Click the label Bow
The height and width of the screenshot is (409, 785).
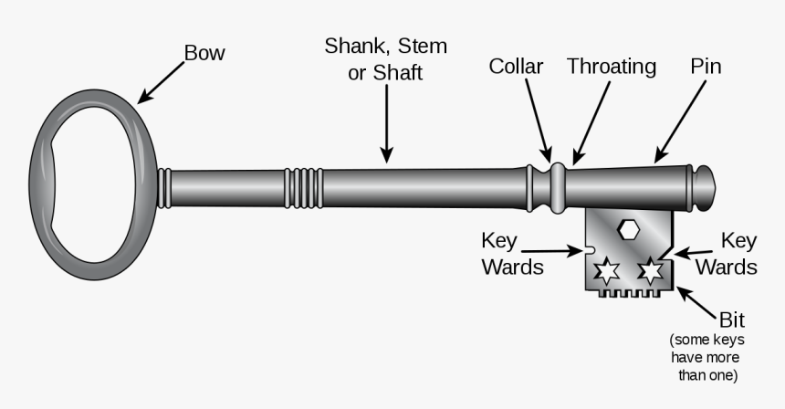pyautogui.click(x=204, y=53)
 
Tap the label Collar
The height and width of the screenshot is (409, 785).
pyautogui.click(x=516, y=66)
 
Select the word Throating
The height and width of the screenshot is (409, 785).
pyautogui.click(x=611, y=66)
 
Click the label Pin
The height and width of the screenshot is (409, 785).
pyautogui.click(x=705, y=66)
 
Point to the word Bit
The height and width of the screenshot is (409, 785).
pyautogui.click(x=731, y=320)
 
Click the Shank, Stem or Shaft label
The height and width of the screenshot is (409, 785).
pyautogui.click(x=385, y=58)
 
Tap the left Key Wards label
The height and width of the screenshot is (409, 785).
pyautogui.click(x=512, y=254)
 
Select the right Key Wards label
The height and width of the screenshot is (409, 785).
pyautogui.click(x=727, y=254)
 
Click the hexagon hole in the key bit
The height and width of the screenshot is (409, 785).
pyautogui.click(x=628, y=229)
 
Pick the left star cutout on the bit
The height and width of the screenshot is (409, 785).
pyautogui.click(x=607, y=270)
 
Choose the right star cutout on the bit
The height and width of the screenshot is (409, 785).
pyautogui.click(x=650, y=270)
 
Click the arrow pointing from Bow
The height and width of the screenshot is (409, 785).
pyautogui.click(x=162, y=81)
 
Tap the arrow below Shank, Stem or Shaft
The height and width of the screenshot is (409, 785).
pyautogui.click(x=387, y=128)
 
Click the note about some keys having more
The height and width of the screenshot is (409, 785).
pyautogui.click(x=705, y=357)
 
